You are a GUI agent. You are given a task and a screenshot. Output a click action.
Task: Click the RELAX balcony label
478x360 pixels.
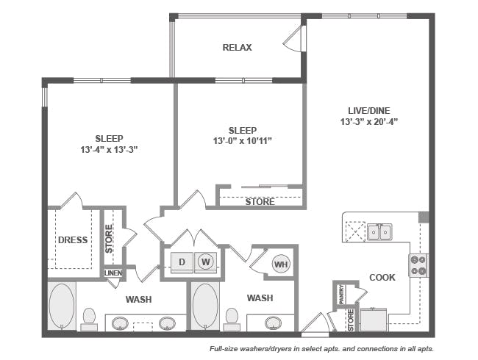pos(237,48)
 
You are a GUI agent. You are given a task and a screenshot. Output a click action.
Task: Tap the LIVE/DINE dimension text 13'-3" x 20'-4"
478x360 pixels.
pos(369,122)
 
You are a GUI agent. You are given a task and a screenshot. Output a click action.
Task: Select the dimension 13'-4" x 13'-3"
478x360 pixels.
pos(109,150)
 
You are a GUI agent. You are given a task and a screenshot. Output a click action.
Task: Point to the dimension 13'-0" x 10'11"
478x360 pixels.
pos(243,141)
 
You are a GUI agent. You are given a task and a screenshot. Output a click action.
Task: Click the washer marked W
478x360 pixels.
pos(205,262)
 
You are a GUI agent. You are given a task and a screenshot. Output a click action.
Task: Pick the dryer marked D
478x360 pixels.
pos(182,262)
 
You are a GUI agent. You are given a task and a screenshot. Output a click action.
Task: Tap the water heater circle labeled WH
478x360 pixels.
pos(281,264)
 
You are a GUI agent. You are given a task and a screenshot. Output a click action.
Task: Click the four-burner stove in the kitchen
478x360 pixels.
pos(418,265)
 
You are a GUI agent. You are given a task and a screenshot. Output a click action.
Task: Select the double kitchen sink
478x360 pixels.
pos(379,232)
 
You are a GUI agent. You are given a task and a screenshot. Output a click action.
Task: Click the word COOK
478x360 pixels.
pos(382,278)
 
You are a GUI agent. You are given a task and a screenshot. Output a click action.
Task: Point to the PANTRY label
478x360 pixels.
pos(341,294)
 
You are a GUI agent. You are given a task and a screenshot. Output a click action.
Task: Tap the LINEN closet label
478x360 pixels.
pos(113,273)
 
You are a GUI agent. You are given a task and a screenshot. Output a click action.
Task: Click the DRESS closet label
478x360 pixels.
pos(73,240)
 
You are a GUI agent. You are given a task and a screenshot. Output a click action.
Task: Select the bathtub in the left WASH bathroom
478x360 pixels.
pos(62,306)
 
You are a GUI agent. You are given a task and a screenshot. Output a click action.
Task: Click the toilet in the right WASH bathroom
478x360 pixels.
pos(232,319)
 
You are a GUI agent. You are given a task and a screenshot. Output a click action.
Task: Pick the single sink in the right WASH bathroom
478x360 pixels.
pos(273,323)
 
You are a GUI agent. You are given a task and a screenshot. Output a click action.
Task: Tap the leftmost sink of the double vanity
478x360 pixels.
pos(120,323)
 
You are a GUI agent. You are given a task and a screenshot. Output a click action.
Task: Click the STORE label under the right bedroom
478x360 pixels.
pos(260,202)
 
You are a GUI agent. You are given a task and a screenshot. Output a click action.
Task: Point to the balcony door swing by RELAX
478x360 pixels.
pos(293,38)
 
